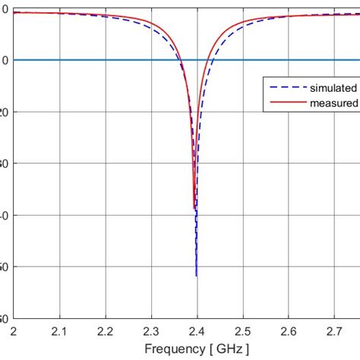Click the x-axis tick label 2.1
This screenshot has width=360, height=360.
[x=59, y=331]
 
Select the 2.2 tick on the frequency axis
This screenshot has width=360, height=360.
[x=106, y=331]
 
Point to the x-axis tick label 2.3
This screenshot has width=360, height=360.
[x=151, y=331]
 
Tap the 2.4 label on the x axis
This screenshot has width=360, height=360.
[x=197, y=331]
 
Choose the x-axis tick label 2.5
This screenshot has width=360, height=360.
[x=242, y=331]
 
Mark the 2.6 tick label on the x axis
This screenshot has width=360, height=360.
[x=288, y=331]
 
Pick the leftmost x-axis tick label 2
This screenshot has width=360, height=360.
[x=14, y=331]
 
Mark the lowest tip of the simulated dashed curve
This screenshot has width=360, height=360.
[x=196, y=276]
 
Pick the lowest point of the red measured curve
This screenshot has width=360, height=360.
[x=194, y=209]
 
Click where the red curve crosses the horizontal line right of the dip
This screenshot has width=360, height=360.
[x=207, y=60]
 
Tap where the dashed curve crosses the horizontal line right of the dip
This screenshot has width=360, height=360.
[x=212, y=60]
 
